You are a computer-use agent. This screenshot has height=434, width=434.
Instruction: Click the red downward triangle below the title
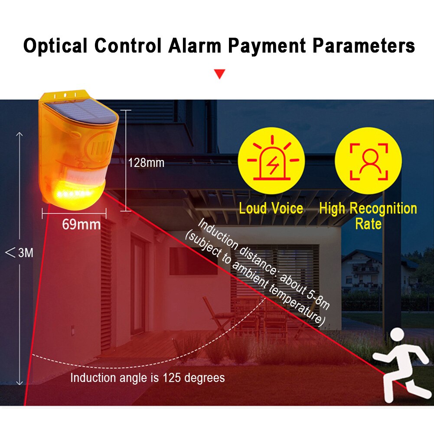click(x=220, y=74)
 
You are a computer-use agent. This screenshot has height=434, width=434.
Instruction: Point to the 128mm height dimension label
click(x=146, y=163)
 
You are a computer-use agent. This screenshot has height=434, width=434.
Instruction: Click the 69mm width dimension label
click(x=81, y=224)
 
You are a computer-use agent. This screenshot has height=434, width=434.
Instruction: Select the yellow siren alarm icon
click(x=272, y=161)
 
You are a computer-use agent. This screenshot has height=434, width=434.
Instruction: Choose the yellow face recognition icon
click(x=369, y=161)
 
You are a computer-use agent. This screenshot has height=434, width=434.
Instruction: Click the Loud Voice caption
click(x=271, y=209)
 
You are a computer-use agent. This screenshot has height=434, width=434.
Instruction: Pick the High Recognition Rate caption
click(x=368, y=216)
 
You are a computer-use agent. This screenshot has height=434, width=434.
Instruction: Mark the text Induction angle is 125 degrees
click(x=147, y=378)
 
